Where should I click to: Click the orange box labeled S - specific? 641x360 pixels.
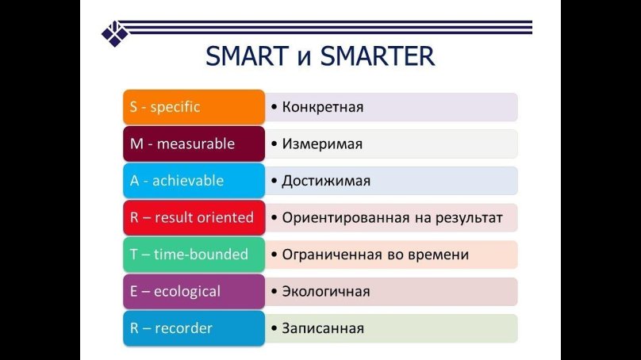click(194, 107)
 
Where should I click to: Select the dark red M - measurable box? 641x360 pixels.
click(194, 144)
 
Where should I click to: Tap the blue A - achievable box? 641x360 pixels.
click(194, 181)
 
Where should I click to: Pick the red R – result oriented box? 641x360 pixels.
click(194, 217)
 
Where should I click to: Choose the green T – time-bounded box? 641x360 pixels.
click(194, 255)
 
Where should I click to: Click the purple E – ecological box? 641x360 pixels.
click(194, 291)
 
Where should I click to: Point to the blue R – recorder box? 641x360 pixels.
click(194, 328)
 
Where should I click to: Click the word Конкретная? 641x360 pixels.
click(323, 107)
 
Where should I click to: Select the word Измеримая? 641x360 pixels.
click(322, 144)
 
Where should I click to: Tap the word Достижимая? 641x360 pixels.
click(326, 181)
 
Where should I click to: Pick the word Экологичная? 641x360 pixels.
click(326, 292)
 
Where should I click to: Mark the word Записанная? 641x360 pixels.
click(323, 328)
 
